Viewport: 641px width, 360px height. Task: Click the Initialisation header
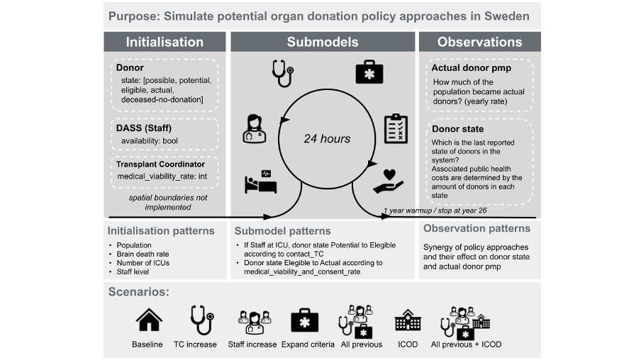(165, 42)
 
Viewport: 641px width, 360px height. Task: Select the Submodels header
(323, 42)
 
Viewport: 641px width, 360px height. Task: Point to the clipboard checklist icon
(395, 128)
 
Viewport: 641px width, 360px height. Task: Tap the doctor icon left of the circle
(255, 128)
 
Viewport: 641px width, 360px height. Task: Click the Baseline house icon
(147, 320)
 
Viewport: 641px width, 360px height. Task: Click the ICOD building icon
(407, 321)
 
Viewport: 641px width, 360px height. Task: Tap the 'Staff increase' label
(252, 344)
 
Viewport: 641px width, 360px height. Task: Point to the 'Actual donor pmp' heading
(471, 68)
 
